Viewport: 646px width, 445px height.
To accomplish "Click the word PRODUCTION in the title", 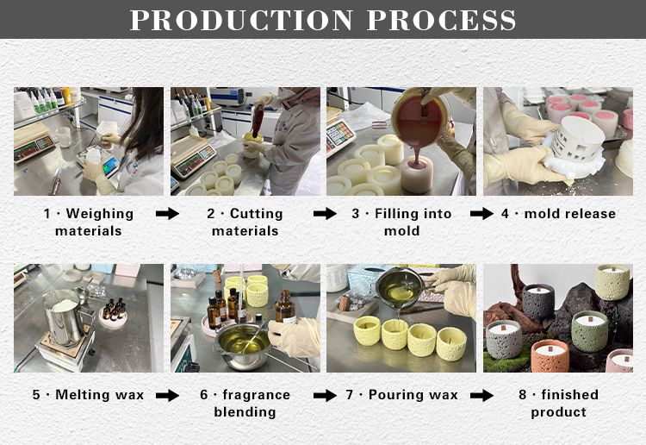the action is click(241, 20).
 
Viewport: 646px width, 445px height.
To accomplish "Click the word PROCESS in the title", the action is click(441, 20).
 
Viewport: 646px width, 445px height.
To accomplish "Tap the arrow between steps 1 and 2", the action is click(168, 214).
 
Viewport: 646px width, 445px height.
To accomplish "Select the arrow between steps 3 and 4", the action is click(481, 214).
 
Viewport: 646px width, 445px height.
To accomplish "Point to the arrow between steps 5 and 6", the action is click(168, 396).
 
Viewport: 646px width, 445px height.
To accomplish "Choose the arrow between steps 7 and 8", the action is click(481, 396).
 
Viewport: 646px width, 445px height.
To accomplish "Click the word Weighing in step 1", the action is click(100, 214).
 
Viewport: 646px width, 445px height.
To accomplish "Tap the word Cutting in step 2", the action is click(257, 214).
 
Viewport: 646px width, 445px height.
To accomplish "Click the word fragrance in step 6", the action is click(257, 395).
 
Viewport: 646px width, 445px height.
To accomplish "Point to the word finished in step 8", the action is click(570, 395).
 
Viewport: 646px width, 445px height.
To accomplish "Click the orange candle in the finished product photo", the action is click(550, 355).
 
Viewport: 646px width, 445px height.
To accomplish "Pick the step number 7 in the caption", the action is click(350, 395).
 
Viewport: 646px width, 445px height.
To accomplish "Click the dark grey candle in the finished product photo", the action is click(538, 302).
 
